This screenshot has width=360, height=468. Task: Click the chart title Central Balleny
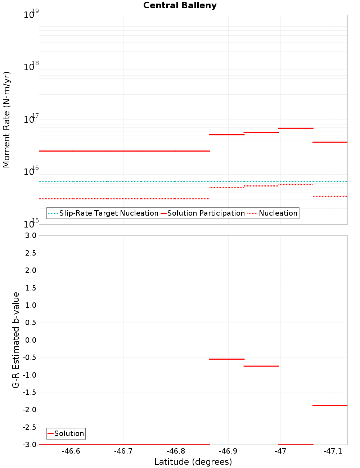tap(180, 5)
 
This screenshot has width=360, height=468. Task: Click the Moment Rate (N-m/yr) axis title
tap(6, 120)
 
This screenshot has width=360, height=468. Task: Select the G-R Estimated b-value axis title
tap(16, 340)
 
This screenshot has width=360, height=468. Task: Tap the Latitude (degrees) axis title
tap(193, 462)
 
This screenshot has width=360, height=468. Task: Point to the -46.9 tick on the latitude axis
tap(228, 451)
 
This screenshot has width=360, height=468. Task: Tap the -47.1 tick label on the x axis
tap(333, 451)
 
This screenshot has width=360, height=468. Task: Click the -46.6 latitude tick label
tap(71, 451)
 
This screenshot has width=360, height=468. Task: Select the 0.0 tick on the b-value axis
tap(29, 340)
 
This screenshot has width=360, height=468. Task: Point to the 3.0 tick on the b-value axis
tap(29, 235)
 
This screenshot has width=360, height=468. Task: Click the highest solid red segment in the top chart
tap(296, 128)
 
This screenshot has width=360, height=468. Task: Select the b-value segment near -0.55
tap(227, 359)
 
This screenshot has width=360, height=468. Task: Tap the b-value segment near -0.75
tap(261, 366)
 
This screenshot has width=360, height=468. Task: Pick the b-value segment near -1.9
tap(330, 405)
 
